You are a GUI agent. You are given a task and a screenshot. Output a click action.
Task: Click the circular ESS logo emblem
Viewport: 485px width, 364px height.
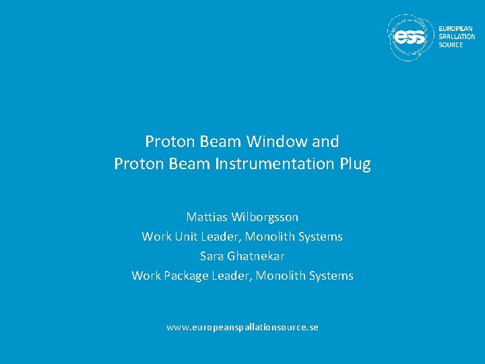(x=410, y=37)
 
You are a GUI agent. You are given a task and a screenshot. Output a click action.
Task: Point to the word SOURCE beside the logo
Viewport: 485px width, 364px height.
(x=451, y=44)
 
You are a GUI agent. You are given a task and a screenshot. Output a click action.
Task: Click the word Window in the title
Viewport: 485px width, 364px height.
(x=277, y=142)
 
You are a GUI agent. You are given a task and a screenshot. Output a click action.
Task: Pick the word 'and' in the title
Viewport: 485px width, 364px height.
(x=326, y=142)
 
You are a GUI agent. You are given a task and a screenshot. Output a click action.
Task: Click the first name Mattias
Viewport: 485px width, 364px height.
(x=207, y=217)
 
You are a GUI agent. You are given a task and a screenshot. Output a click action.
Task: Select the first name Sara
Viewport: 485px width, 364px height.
(x=212, y=256)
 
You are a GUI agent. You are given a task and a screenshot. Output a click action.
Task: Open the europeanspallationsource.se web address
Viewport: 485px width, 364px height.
(x=243, y=327)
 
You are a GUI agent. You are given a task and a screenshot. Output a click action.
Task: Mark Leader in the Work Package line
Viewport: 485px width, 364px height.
(x=230, y=276)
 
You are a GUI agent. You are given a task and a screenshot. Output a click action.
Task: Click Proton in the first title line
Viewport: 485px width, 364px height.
(x=168, y=142)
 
